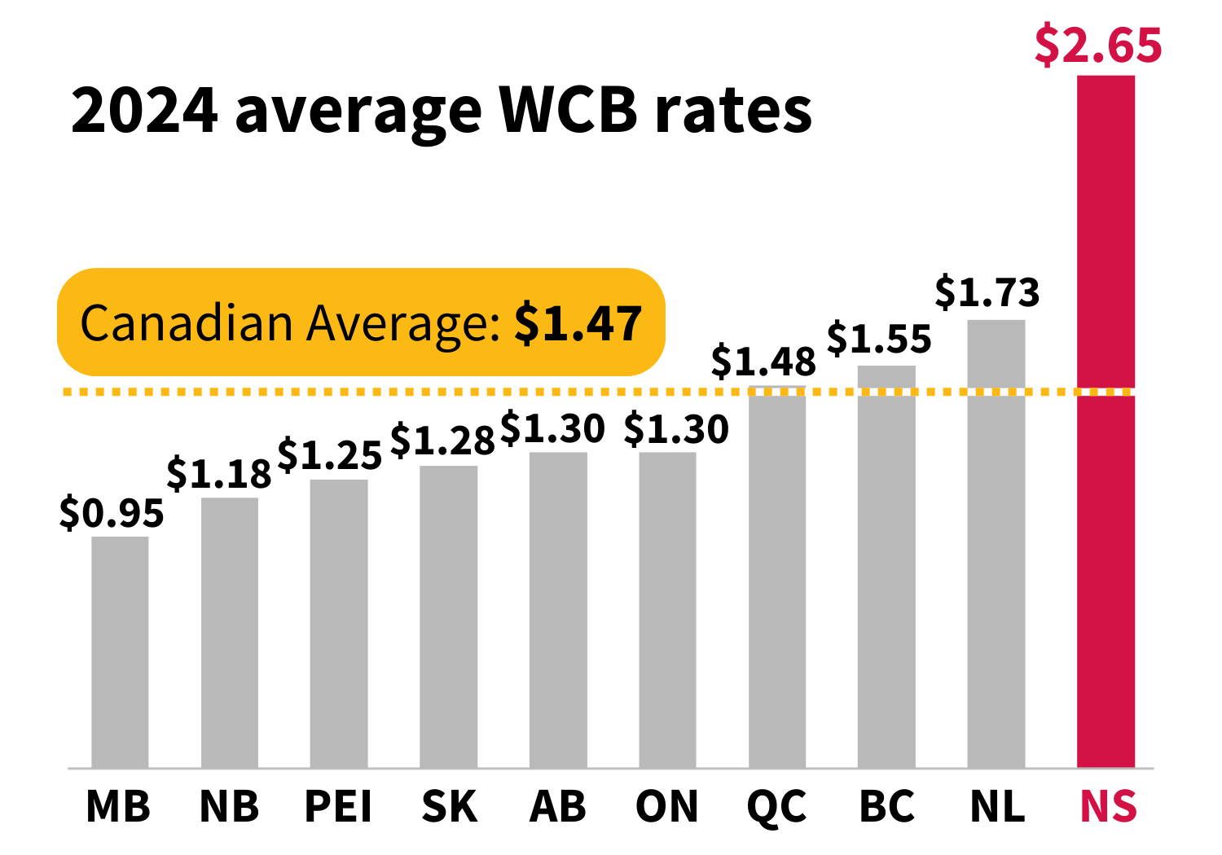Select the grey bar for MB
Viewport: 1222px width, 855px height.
[120, 651]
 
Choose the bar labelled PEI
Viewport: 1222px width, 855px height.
[339, 623]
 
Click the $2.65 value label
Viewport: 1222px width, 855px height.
[1098, 46]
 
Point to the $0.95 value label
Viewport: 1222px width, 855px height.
[112, 513]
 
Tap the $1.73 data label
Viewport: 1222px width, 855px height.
[987, 292]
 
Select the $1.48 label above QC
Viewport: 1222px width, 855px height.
[763, 361]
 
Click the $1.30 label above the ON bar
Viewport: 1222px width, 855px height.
[676, 429]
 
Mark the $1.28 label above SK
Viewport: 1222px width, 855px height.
[442, 441]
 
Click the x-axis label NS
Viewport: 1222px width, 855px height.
[1108, 807]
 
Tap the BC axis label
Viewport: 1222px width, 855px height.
[886, 807]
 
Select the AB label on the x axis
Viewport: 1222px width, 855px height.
[558, 807]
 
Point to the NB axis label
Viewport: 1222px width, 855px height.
[229, 807]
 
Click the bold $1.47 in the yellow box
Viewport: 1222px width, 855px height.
[578, 323]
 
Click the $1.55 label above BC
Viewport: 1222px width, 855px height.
[879, 339]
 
